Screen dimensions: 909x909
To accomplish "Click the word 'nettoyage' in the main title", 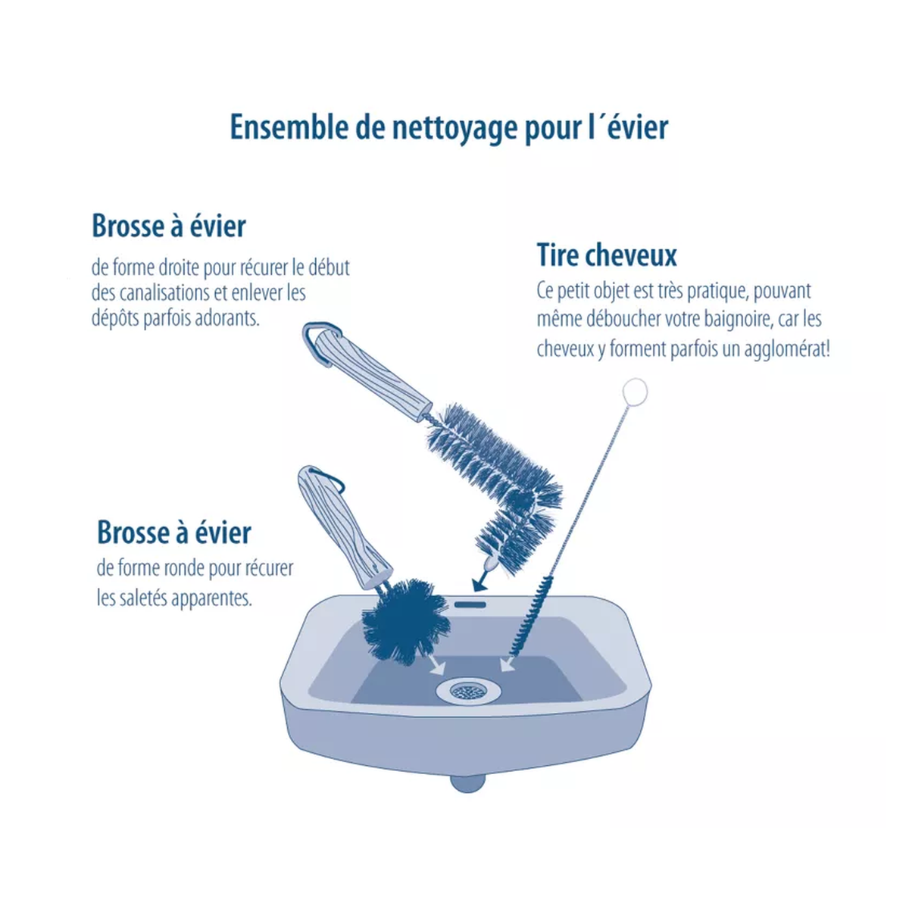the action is (x=454, y=128).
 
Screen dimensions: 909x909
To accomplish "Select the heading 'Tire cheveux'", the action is (x=607, y=255).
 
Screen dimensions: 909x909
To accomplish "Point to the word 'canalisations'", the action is (x=162, y=293).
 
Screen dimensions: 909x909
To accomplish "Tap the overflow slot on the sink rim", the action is (x=470, y=604).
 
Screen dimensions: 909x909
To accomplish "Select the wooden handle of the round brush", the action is (x=345, y=528).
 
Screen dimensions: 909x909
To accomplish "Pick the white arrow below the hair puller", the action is (x=507, y=664).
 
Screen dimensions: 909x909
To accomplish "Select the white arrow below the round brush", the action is (x=437, y=666).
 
